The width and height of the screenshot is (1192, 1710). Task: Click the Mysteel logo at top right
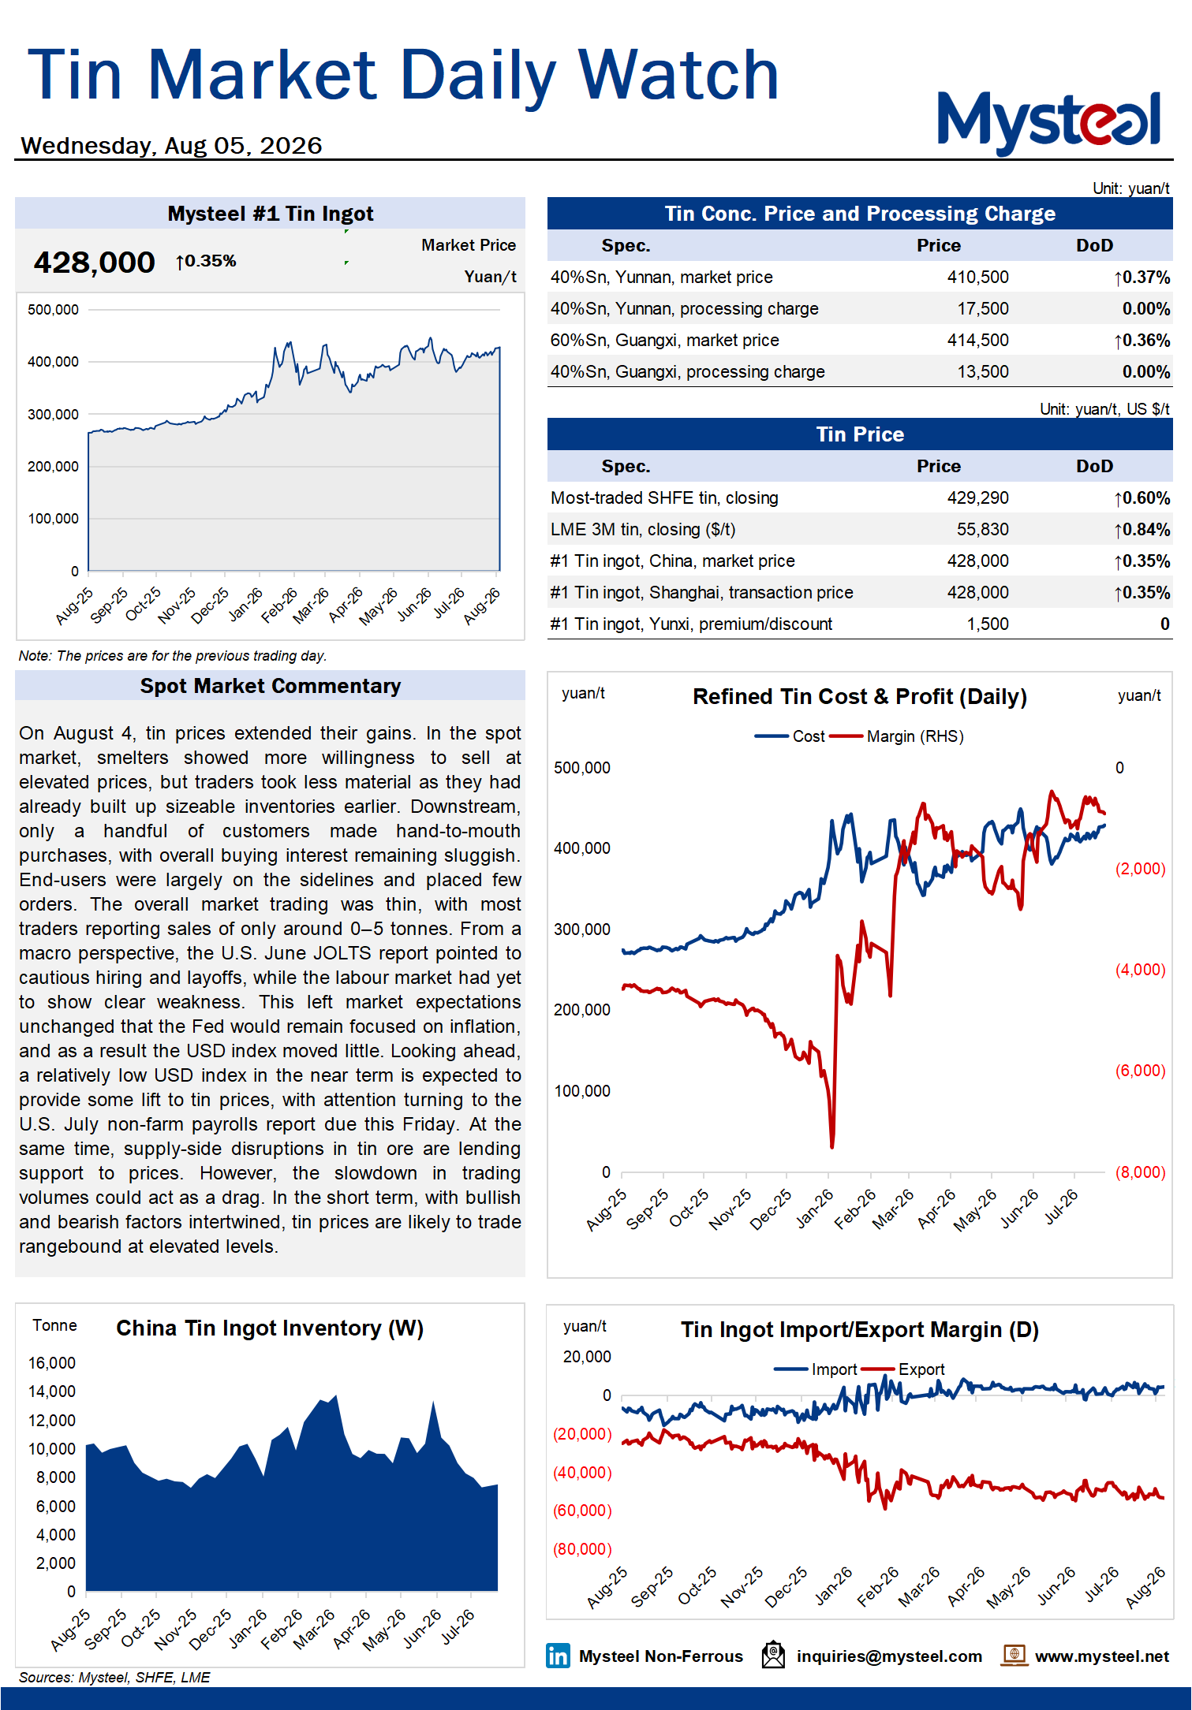[1048, 121]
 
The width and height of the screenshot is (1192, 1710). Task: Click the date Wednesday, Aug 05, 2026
[171, 146]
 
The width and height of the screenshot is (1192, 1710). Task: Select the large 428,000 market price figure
[94, 263]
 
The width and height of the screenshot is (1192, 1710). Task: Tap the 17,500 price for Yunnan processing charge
[982, 308]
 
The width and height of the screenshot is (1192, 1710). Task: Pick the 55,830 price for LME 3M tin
[982, 529]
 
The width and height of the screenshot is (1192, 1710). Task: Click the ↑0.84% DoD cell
[1142, 530]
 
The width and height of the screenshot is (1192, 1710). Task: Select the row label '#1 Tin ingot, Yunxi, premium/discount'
[691, 624]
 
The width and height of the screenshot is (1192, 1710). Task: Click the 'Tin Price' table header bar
[860, 434]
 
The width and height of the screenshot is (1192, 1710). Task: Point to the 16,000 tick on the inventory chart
[52, 1363]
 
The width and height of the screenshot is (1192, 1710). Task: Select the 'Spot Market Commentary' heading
[271, 686]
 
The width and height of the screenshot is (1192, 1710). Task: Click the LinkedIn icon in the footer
[558, 1656]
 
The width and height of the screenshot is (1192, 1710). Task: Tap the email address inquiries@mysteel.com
[889, 1656]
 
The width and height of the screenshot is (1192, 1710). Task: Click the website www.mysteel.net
[1102, 1656]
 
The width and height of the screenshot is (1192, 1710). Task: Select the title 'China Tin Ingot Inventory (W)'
[270, 1328]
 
